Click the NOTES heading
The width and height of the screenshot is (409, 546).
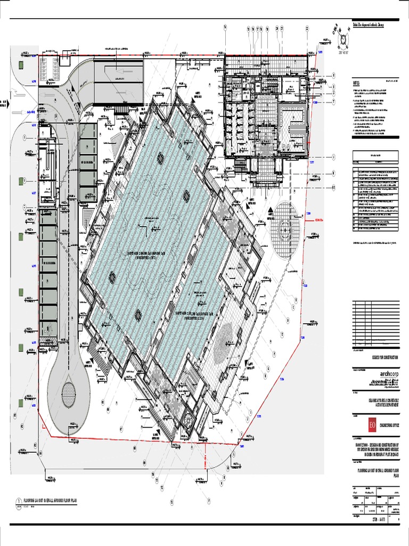point(356,84)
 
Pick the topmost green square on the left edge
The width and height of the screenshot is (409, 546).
point(20,65)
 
